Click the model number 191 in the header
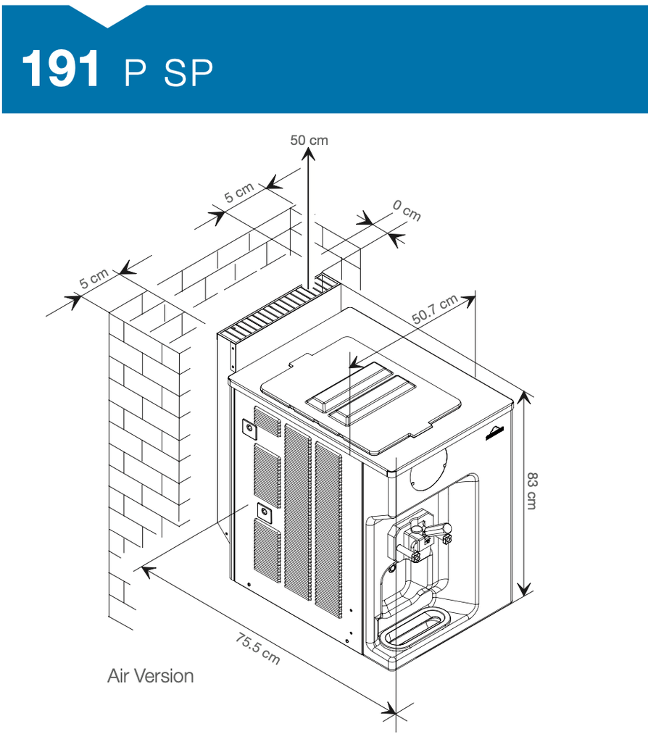click(61, 69)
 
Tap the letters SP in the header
click(188, 73)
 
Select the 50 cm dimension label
click(309, 140)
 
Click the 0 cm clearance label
click(407, 210)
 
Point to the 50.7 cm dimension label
click(434, 309)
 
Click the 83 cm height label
click(532, 491)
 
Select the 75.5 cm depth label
click(258, 649)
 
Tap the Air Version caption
click(151, 676)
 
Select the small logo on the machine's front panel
click(494, 433)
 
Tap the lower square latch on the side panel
click(264, 512)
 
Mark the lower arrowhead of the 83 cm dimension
click(523, 589)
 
